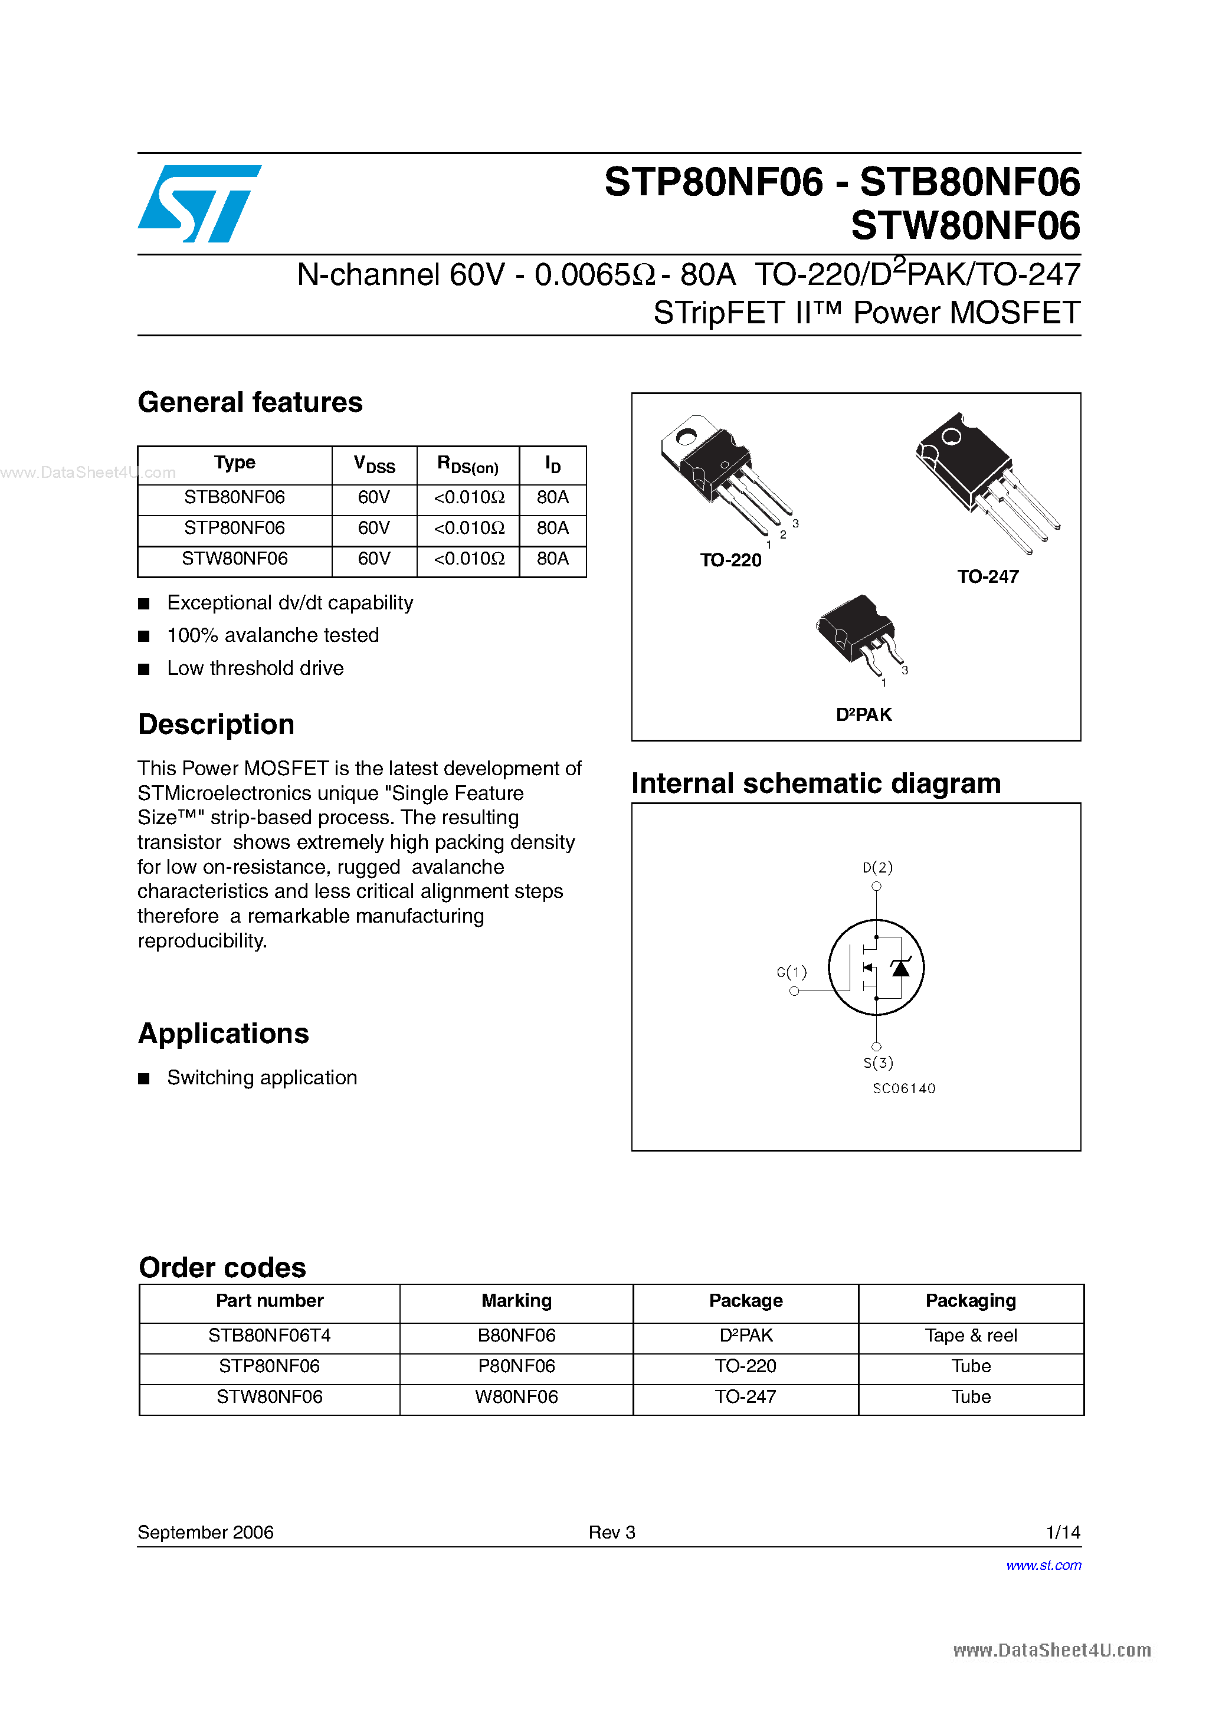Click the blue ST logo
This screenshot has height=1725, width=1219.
(199, 204)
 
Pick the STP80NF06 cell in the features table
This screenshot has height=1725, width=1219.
(234, 528)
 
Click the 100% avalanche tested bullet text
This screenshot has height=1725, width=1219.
(273, 635)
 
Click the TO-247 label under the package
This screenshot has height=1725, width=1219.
(988, 577)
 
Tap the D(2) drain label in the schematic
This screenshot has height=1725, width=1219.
(877, 868)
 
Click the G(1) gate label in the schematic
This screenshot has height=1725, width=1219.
(791, 972)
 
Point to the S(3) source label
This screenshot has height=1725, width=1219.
(878, 1062)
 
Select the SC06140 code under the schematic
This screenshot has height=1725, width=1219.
(903, 1088)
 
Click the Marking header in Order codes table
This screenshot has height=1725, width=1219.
(516, 1300)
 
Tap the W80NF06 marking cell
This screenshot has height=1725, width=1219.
(516, 1398)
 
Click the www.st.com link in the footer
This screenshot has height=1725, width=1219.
(1043, 1565)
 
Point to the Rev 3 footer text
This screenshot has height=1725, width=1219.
(612, 1533)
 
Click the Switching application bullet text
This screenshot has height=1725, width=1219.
(261, 1078)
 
